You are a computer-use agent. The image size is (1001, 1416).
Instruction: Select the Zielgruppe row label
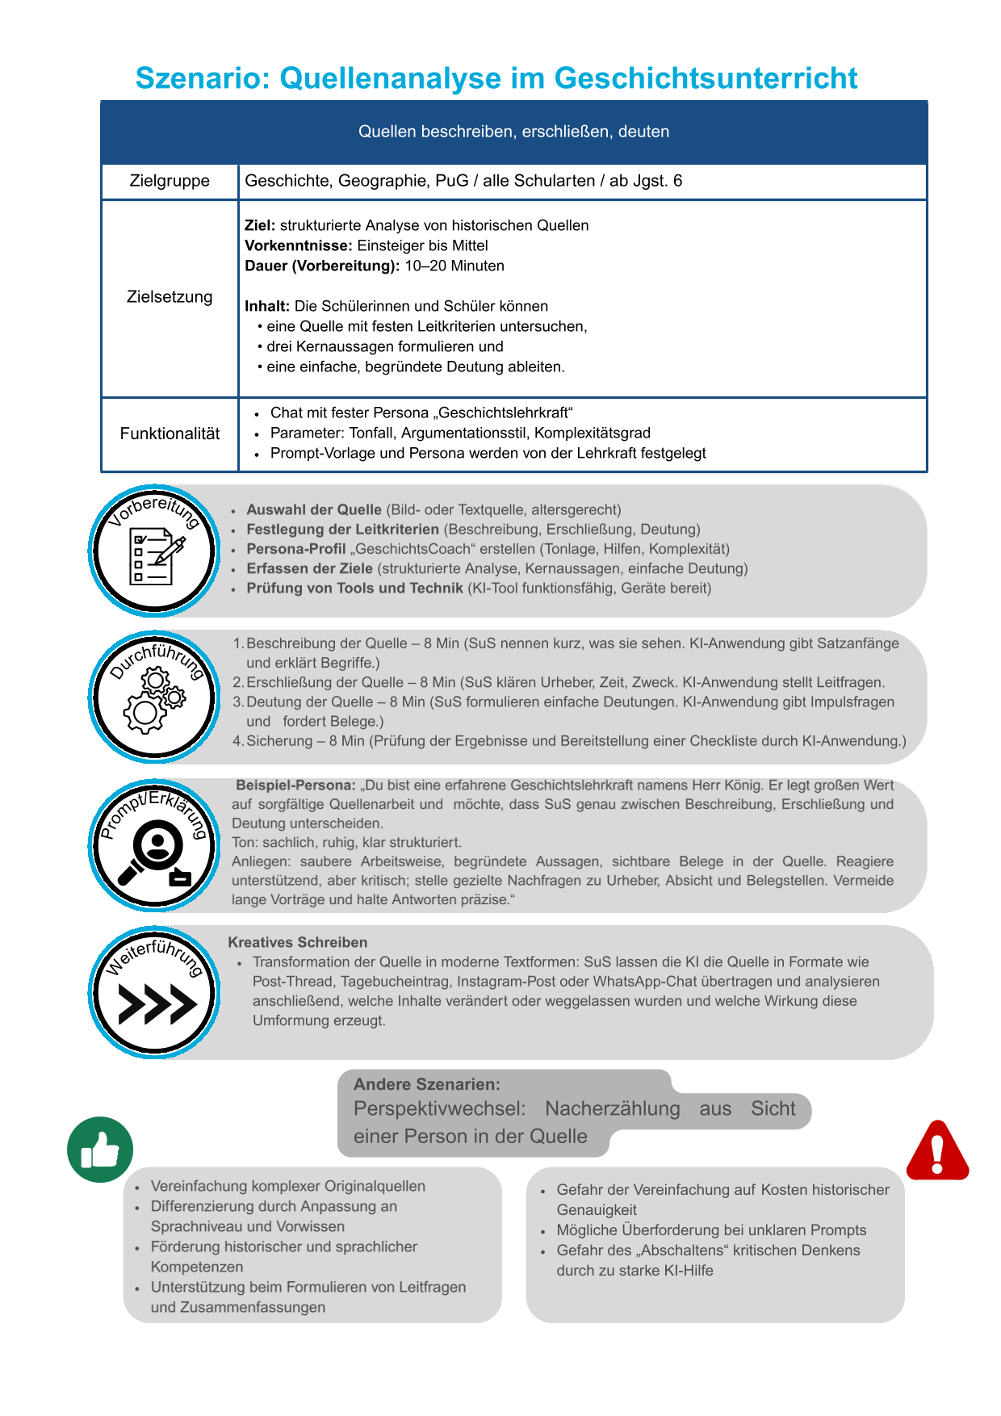click(x=170, y=181)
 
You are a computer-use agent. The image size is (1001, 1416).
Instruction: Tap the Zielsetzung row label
click(x=170, y=297)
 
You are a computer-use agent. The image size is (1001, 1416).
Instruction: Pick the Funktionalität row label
click(x=170, y=434)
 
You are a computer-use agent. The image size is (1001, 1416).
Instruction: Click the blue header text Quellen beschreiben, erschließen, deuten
click(x=513, y=132)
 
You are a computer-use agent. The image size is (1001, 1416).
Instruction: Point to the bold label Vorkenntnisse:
click(x=298, y=245)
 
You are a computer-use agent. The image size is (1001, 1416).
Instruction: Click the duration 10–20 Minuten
click(x=454, y=266)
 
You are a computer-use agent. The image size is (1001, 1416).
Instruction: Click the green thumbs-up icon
click(x=100, y=1150)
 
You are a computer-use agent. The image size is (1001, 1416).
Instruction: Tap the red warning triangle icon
click(x=936, y=1151)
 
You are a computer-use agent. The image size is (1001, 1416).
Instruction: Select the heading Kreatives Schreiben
click(x=297, y=942)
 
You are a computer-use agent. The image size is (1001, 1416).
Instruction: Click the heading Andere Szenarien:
click(x=426, y=1084)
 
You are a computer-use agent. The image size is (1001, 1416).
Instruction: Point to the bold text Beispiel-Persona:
click(x=295, y=785)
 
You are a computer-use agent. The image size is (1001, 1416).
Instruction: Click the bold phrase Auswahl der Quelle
click(x=314, y=509)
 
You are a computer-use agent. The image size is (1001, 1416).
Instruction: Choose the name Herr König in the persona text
click(x=727, y=785)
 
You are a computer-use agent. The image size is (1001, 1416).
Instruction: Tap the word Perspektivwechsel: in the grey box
click(x=439, y=1109)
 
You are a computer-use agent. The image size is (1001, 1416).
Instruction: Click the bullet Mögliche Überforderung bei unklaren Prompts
click(x=710, y=1230)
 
